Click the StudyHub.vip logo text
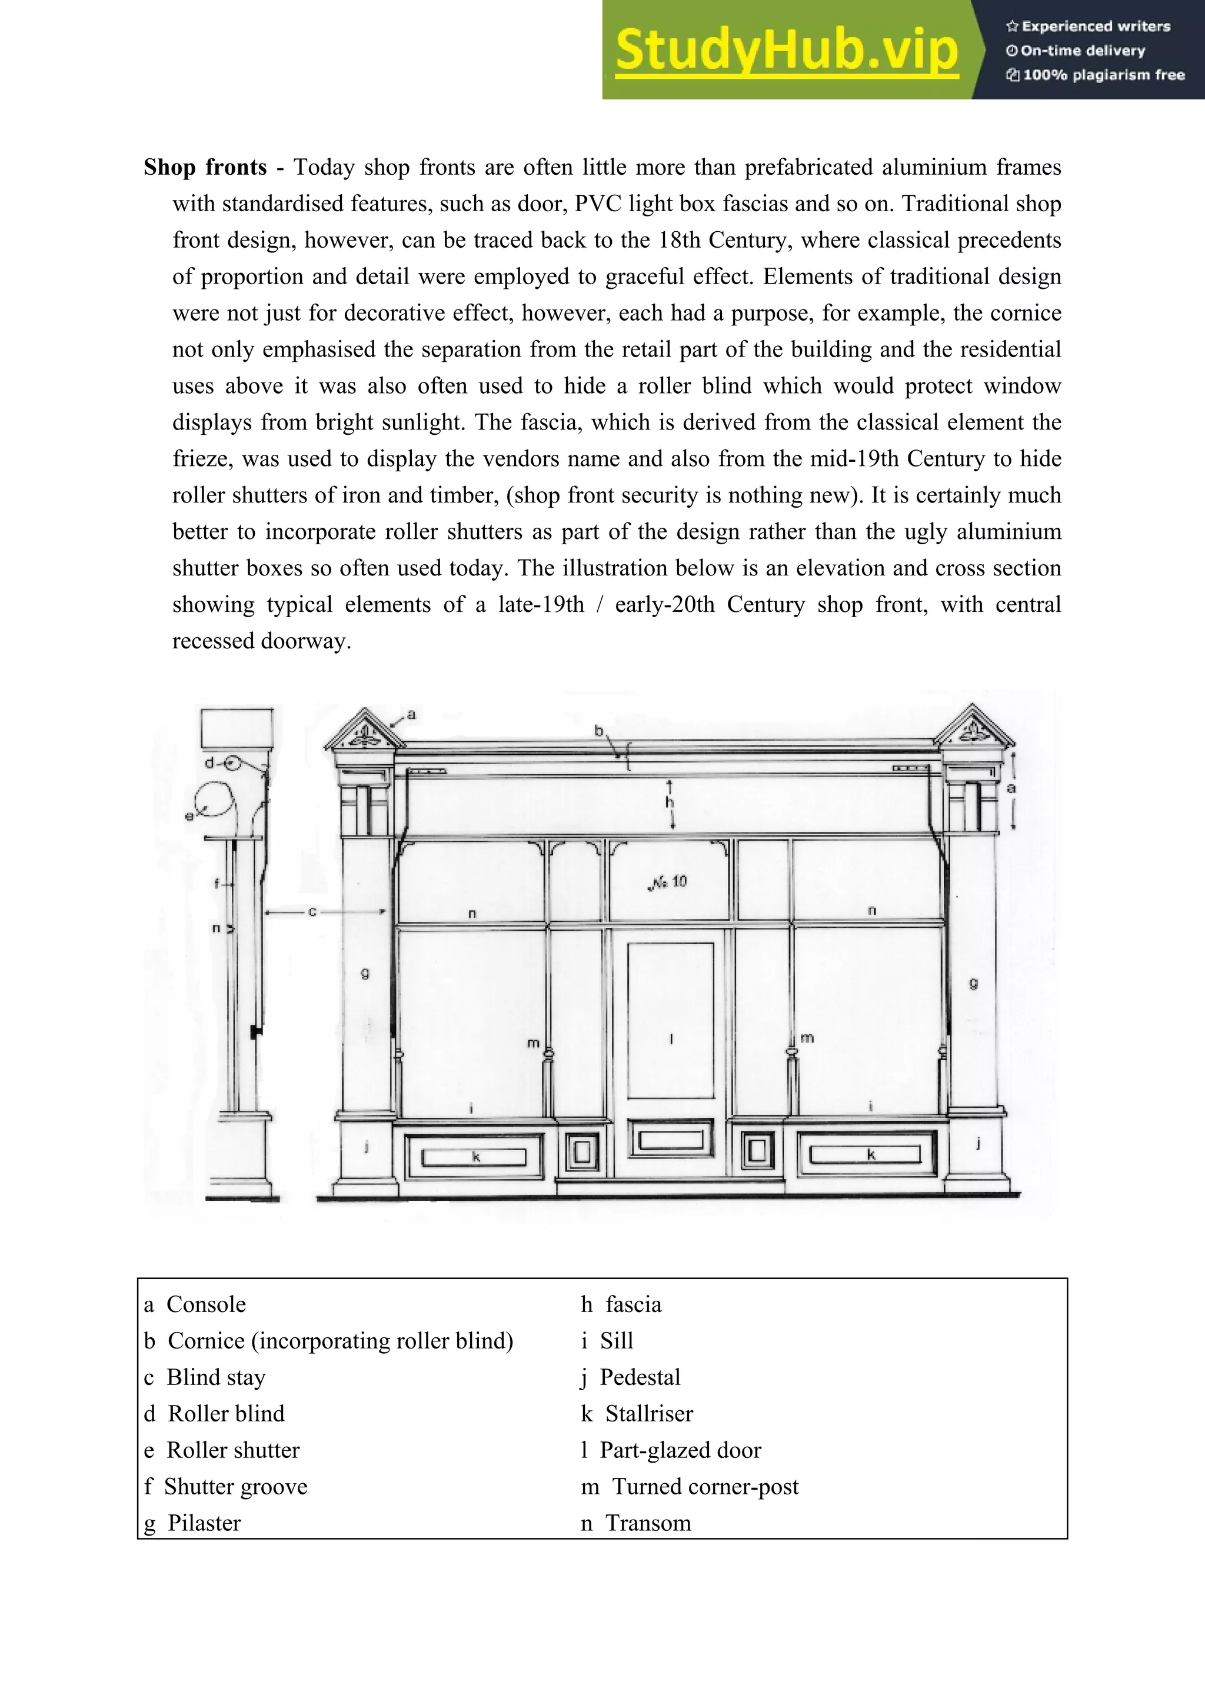786,50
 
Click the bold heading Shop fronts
205,167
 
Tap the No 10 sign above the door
668,882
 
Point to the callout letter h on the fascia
669,802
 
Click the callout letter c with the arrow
312,911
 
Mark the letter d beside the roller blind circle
209,762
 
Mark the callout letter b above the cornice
598,731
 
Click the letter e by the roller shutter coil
189,816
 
